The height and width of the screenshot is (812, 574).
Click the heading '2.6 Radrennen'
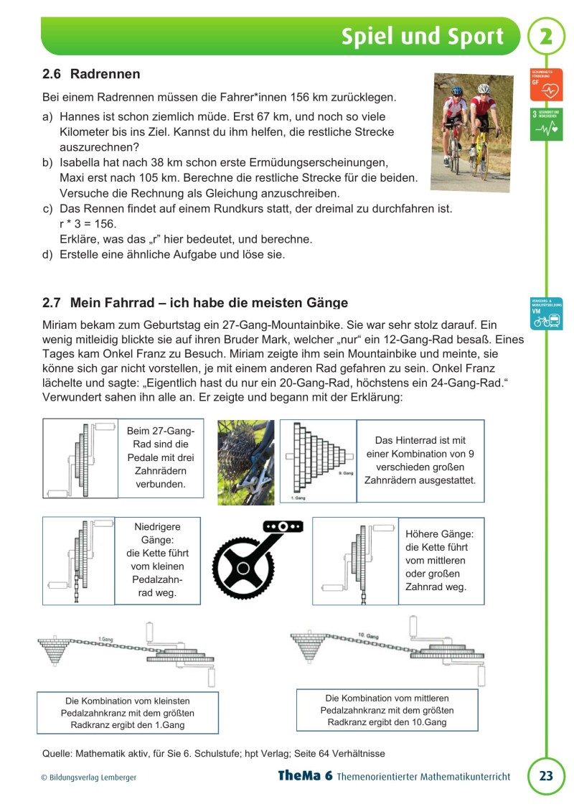pos(91,74)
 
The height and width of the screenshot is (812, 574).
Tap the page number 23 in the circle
pos(546,776)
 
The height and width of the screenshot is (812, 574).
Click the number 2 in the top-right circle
pos(546,37)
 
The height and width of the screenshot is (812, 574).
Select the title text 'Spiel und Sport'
pos(422,37)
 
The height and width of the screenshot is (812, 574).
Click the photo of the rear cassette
pos(245,462)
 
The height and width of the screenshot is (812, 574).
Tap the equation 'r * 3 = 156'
pos(88,224)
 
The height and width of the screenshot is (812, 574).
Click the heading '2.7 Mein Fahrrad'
pos(195,303)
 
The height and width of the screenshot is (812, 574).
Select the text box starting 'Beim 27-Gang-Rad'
pos(160,457)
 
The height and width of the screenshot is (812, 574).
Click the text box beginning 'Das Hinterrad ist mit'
pos(420,459)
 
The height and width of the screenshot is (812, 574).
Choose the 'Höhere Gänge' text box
pos(441,561)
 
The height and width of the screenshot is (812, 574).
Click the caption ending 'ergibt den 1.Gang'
pos(128,713)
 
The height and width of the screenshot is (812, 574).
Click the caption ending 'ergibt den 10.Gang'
pos(387,710)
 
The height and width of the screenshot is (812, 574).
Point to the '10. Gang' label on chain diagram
pos(367,635)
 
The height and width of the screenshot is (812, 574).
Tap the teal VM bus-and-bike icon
pos(547,314)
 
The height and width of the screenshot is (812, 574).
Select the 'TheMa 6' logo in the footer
pos(305,776)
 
